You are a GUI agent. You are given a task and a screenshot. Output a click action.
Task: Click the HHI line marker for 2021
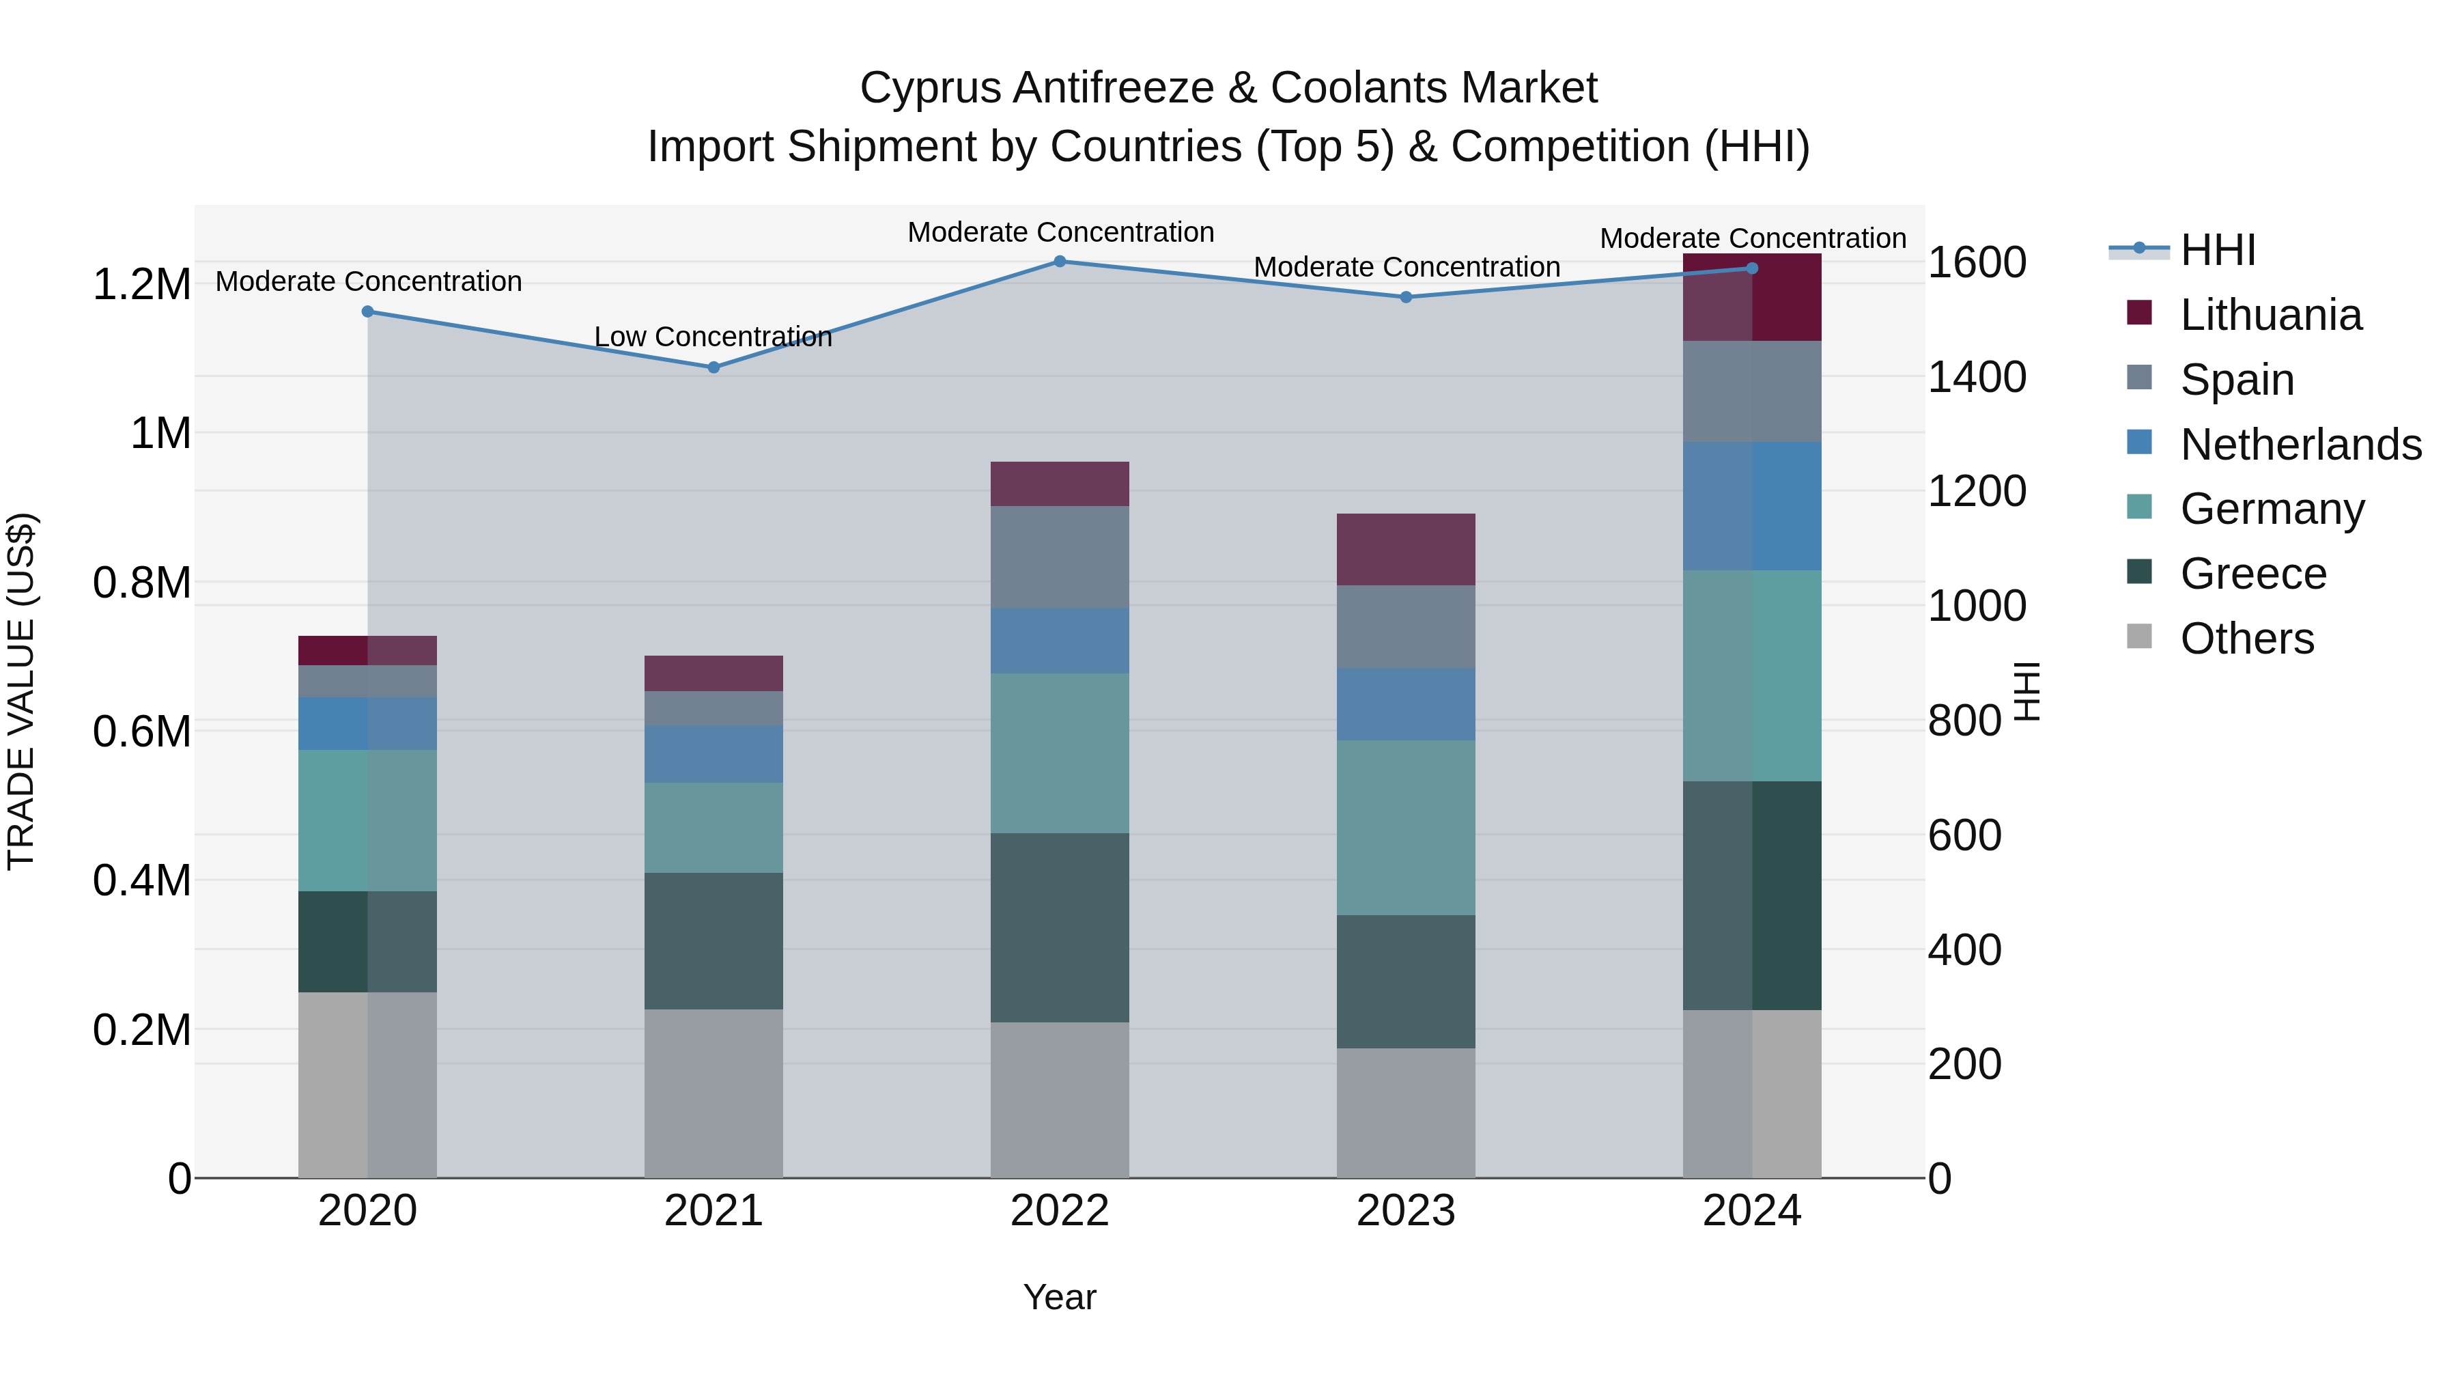coord(714,367)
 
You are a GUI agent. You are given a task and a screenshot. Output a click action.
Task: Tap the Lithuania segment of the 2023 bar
coord(1406,550)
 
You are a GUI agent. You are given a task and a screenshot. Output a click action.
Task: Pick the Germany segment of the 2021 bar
coord(714,828)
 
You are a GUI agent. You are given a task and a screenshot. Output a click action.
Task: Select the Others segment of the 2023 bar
coord(1406,1113)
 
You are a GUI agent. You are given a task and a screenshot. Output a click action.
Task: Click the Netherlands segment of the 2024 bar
coord(1752,506)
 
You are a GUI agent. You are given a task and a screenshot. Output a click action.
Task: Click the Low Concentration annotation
coord(713,337)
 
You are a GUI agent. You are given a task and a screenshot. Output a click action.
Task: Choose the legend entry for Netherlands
coord(2300,445)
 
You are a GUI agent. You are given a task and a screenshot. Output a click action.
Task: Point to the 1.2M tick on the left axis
coord(141,284)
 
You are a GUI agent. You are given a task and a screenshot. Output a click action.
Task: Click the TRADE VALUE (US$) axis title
coord(22,691)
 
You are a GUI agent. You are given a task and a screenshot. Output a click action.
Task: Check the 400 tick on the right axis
coord(1964,951)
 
